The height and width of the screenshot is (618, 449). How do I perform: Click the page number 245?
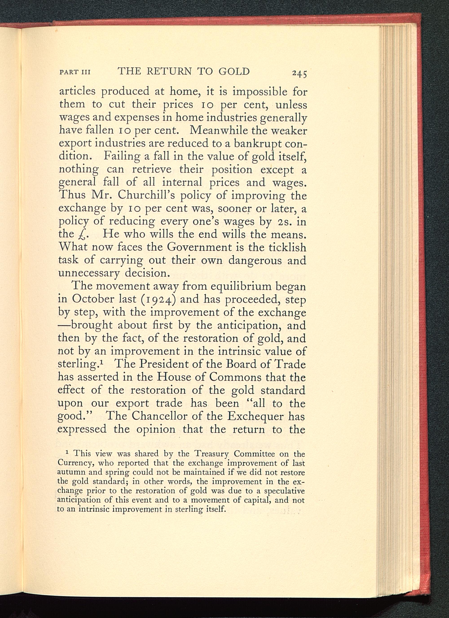299,73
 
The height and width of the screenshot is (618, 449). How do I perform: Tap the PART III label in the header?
74,73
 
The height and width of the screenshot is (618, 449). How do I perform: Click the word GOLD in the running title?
234,71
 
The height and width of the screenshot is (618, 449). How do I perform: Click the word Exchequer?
257,417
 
